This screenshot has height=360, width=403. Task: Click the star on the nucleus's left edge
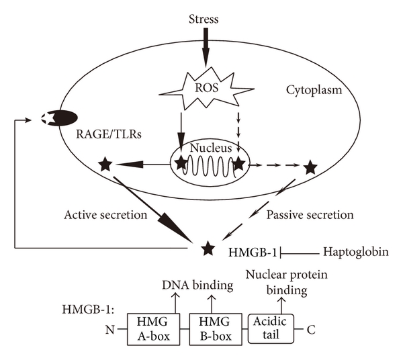pos(181,162)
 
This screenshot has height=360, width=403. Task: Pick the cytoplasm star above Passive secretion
pos(310,167)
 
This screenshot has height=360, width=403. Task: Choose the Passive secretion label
pos(310,216)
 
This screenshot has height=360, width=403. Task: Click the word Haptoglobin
pos(356,253)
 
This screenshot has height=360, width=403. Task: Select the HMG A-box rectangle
pos(152,329)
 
